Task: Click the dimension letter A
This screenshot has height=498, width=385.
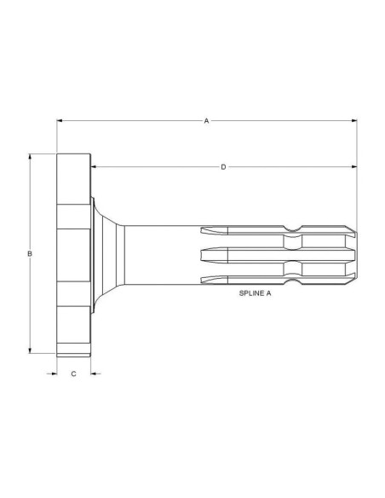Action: pos(206,121)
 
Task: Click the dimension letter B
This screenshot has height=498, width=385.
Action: pos(30,254)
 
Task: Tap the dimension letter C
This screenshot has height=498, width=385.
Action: pos(73,373)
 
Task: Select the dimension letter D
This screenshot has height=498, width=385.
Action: pos(223,167)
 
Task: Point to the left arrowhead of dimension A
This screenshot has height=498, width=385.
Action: pos(60,121)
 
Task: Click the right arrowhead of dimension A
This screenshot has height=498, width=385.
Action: pos(354,121)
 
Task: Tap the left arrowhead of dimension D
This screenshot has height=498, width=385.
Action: pos(94,166)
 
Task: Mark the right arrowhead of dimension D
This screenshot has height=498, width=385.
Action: pos(354,166)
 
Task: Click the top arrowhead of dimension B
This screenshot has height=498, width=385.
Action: pos(30,157)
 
